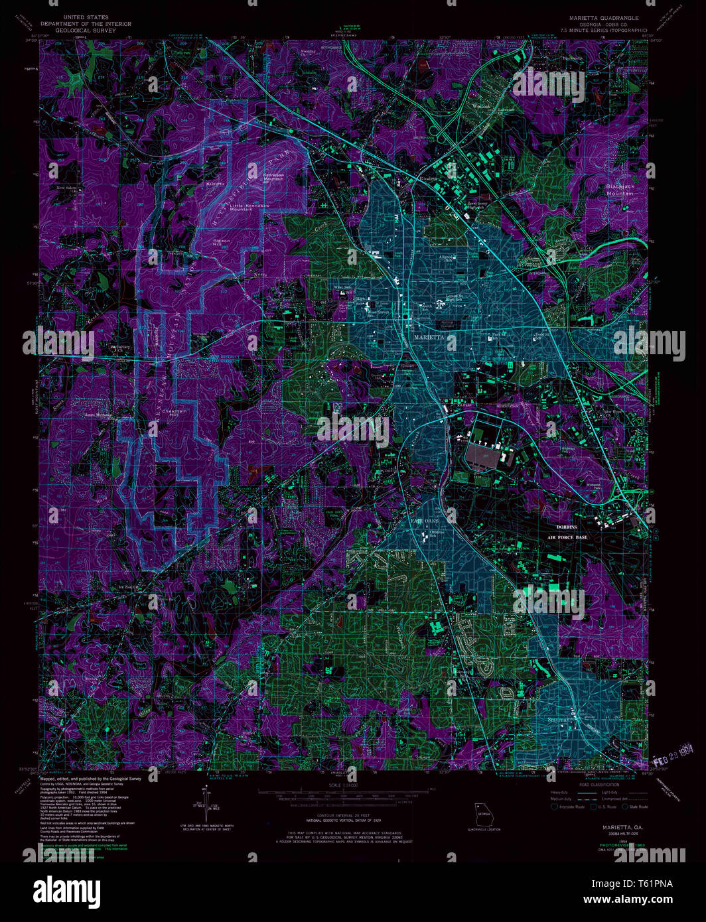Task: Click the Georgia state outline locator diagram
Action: pos(483,815)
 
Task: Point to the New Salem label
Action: pos(66,189)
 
